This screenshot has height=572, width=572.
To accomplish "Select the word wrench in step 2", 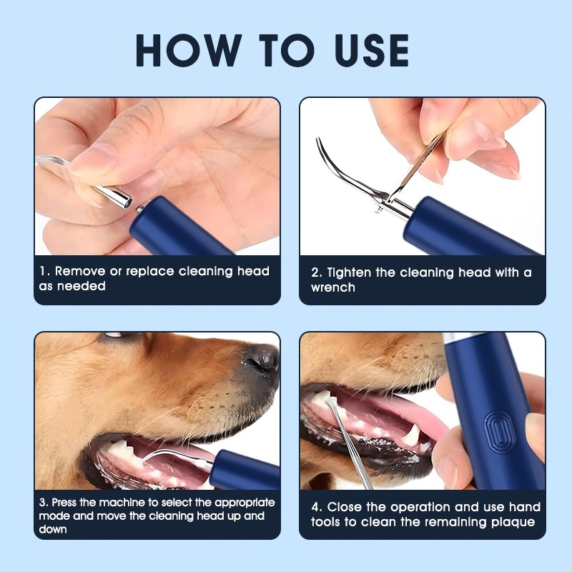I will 332,287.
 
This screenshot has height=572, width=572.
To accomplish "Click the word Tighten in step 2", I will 354,272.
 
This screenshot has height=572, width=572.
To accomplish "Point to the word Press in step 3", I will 66,503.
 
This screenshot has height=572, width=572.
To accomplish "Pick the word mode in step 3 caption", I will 54,516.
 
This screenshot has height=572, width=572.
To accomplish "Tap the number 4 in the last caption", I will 315,507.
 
